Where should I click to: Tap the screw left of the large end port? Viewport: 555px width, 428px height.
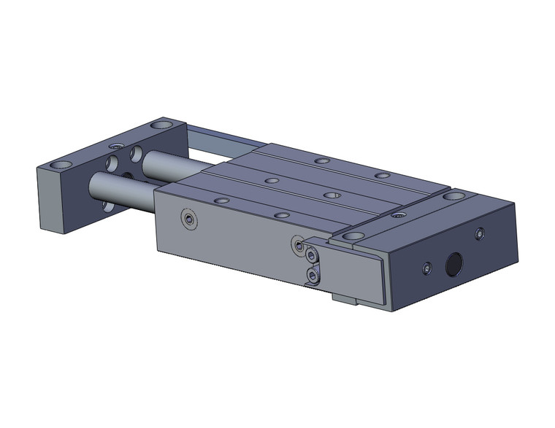coord(427,271)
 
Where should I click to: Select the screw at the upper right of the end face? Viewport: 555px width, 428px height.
coord(479,233)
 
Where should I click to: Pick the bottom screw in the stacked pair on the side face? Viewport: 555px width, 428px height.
coord(313,276)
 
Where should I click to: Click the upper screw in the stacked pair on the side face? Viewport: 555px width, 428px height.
coord(312,257)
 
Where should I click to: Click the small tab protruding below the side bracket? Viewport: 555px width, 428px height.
coord(342,298)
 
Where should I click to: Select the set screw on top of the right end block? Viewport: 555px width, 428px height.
coord(397,217)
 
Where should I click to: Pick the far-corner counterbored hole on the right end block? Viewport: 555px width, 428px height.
coord(456,195)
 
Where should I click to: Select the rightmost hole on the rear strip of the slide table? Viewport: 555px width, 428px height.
coord(380,176)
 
